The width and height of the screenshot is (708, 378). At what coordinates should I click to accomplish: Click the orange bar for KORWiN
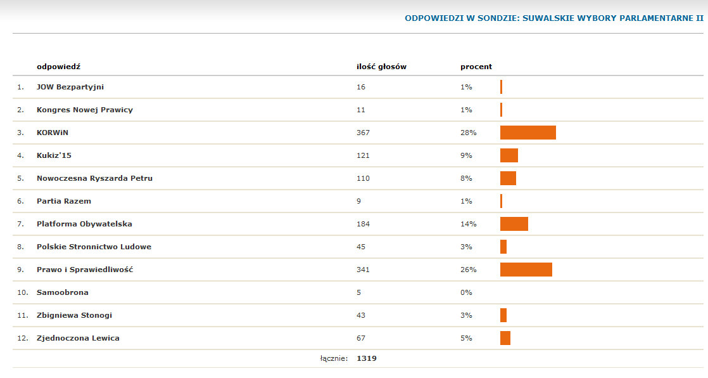point(528,133)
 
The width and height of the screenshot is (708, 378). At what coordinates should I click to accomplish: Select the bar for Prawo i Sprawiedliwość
point(526,270)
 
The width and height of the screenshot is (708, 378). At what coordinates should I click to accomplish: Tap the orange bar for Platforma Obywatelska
point(514,224)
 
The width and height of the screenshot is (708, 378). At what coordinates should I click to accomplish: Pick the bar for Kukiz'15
point(509,155)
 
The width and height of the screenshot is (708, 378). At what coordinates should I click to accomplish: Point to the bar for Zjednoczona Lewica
point(505,338)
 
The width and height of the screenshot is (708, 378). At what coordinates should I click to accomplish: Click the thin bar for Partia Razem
point(501,201)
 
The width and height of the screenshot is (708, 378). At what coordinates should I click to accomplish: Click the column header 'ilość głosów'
point(381,67)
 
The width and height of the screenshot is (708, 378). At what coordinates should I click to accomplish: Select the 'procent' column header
point(476,67)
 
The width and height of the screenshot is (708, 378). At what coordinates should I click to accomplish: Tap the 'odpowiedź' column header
point(58,67)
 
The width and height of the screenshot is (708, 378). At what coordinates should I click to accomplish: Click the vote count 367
point(363,133)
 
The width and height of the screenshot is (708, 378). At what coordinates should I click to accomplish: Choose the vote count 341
point(363,270)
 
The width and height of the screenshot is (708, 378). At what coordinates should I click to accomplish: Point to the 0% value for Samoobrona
point(466,292)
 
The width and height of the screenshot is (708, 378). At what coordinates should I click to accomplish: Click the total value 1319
point(367,358)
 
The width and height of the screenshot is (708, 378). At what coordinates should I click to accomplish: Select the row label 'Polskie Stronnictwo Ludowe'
point(94,247)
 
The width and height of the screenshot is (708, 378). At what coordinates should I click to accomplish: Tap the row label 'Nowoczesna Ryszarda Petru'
point(94,178)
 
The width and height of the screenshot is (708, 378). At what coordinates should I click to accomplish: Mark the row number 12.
point(22,338)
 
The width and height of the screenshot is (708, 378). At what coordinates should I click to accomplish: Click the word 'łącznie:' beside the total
point(334,358)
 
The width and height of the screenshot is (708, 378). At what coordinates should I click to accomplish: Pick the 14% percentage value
point(468,224)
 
